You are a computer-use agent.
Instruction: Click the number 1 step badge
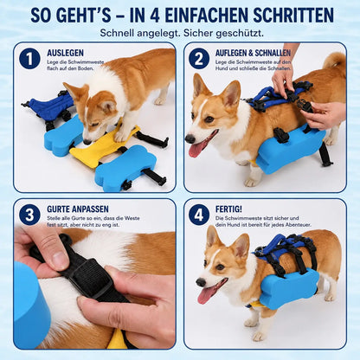[29, 59]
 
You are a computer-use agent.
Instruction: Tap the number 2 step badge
[199, 59]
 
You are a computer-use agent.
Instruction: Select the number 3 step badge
[29, 215]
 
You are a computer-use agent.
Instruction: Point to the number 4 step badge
[199, 215]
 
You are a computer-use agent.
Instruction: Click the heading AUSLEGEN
[66, 53]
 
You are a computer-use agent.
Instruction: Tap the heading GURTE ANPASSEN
[78, 209]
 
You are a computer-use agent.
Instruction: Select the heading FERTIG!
[228, 209]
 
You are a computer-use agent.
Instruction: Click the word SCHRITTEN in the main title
[293, 15]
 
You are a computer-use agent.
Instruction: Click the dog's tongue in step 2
[199, 147]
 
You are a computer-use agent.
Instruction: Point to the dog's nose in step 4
[201, 282]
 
